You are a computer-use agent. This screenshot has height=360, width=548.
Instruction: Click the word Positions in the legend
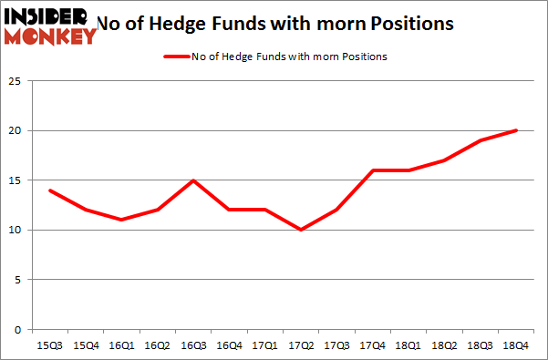pos(366,57)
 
